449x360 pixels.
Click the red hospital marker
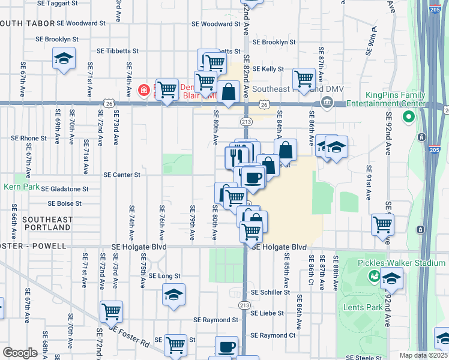144,91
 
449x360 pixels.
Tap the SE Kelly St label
268,69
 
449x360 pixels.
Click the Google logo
20,353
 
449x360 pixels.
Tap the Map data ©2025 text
423,355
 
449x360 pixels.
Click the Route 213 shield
246,121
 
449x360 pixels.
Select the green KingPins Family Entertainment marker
410,115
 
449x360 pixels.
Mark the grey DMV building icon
327,102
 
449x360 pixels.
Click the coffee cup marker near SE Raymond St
226,347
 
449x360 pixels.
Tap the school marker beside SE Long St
173,295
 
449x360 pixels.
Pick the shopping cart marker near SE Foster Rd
112,312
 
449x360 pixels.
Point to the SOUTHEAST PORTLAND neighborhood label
47,224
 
